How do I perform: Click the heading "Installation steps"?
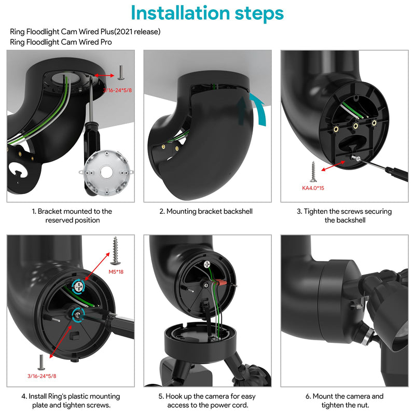207,13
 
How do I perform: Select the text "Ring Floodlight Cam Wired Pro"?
61,42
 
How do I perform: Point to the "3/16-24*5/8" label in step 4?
41,375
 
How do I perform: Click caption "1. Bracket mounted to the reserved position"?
71,216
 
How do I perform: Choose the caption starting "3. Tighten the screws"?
344,216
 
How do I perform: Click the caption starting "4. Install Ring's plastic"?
71,400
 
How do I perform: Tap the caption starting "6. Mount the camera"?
344,400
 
